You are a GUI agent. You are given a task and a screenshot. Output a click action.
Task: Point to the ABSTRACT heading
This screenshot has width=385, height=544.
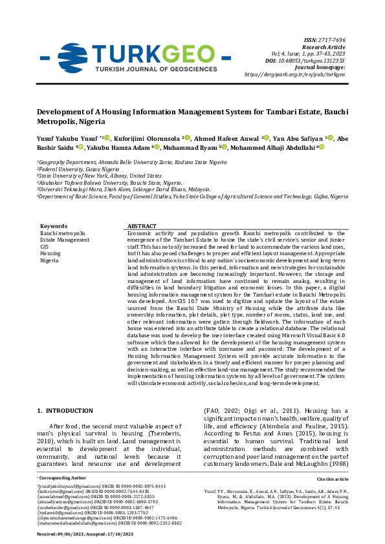point(142,226)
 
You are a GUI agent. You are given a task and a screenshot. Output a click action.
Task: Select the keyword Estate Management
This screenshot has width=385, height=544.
point(65,240)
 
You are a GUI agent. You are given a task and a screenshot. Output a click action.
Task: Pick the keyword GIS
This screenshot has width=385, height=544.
point(45,247)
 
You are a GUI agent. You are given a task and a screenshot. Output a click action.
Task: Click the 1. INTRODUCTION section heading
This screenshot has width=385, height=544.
point(65,410)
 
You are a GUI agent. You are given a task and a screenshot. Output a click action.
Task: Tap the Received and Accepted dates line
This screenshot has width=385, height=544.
point(85,534)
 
